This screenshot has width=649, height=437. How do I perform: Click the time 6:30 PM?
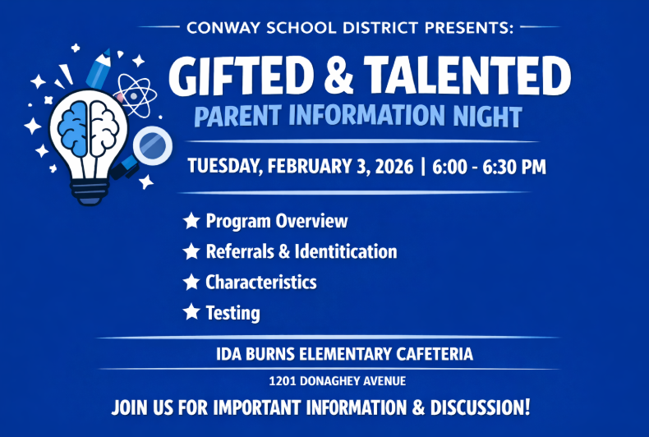[x=514, y=167]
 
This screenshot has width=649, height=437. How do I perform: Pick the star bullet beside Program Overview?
[x=191, y=220]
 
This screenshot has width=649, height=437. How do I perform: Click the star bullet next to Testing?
[x=191, y=311]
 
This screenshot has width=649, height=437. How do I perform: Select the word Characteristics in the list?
[x=261, y=282]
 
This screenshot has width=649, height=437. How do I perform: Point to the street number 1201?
[x=283, y=381]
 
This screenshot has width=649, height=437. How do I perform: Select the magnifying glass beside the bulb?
[x=150, y=147]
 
